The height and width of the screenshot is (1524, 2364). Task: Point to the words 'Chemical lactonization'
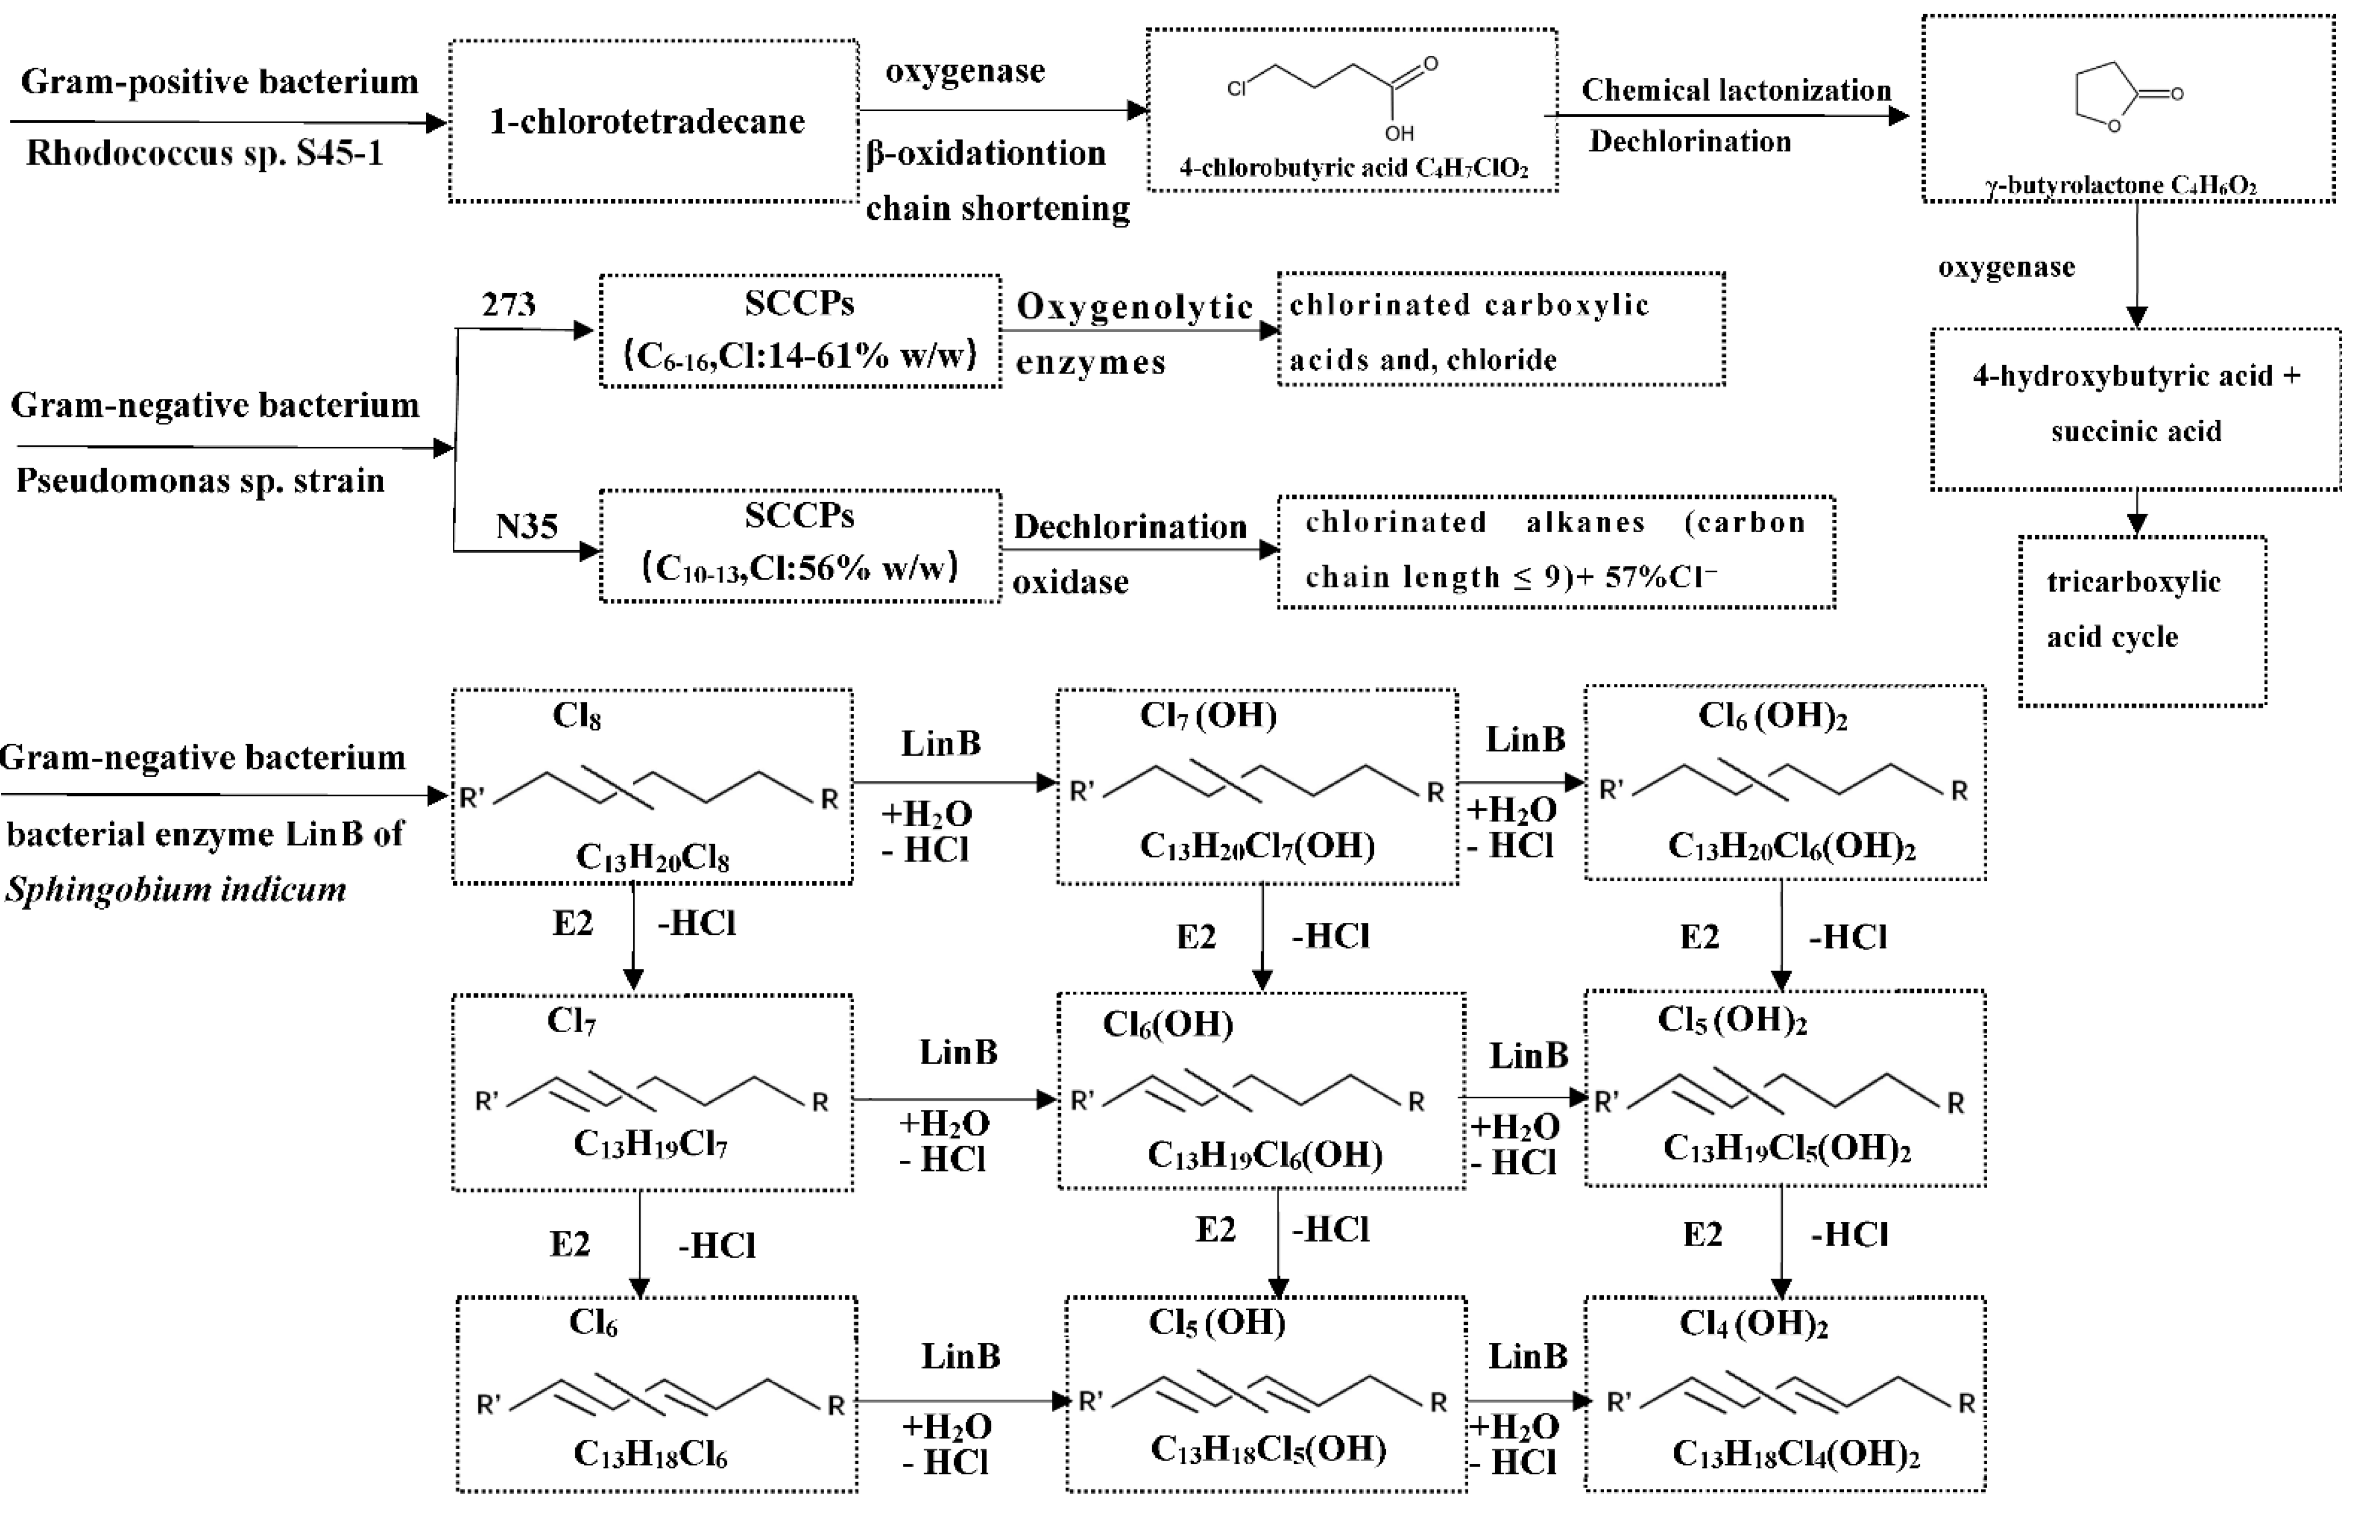pos(1736,90)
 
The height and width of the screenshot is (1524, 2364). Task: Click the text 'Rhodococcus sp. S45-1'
pos(205,153)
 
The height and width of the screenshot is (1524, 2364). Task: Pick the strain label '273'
pos(509,304)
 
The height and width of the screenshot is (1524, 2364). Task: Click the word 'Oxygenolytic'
pos(1135,307)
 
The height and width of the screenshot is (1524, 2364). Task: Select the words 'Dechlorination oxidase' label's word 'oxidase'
pos(1070,582)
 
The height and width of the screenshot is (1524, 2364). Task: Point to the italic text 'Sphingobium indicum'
pos(176,889)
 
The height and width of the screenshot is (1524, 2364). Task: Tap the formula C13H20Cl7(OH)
pos(1257,846)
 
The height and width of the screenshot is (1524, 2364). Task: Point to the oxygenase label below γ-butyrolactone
pos(2006,267)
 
